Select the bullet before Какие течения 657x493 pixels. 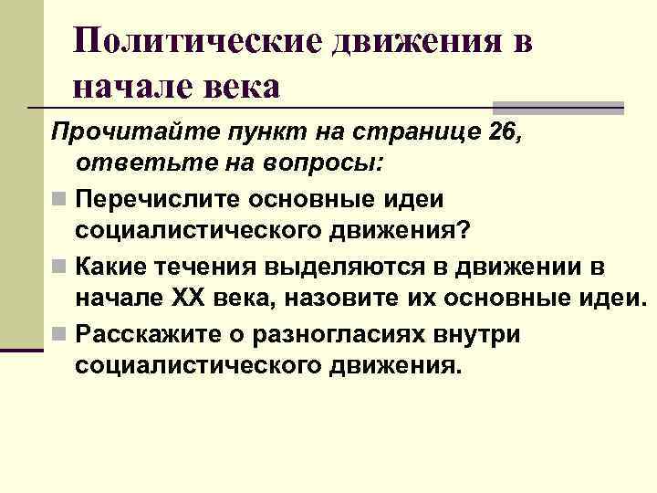point(58,267)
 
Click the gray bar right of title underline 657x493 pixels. point(558,107)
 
